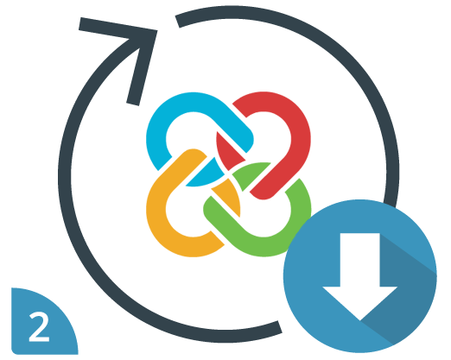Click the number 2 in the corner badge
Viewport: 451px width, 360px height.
tap(40, 327)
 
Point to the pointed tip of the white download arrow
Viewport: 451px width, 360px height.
tap(360, 320)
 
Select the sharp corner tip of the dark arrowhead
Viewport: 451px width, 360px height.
tap(157, 30)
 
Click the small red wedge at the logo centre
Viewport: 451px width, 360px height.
tap(227, 151)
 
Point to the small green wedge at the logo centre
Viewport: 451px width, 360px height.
tap(248, 174)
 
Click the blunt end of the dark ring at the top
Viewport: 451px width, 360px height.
tap(178, 22)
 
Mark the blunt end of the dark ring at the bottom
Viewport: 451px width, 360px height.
tap(280, 327)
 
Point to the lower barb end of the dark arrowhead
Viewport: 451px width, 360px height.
tap(133, 104)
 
